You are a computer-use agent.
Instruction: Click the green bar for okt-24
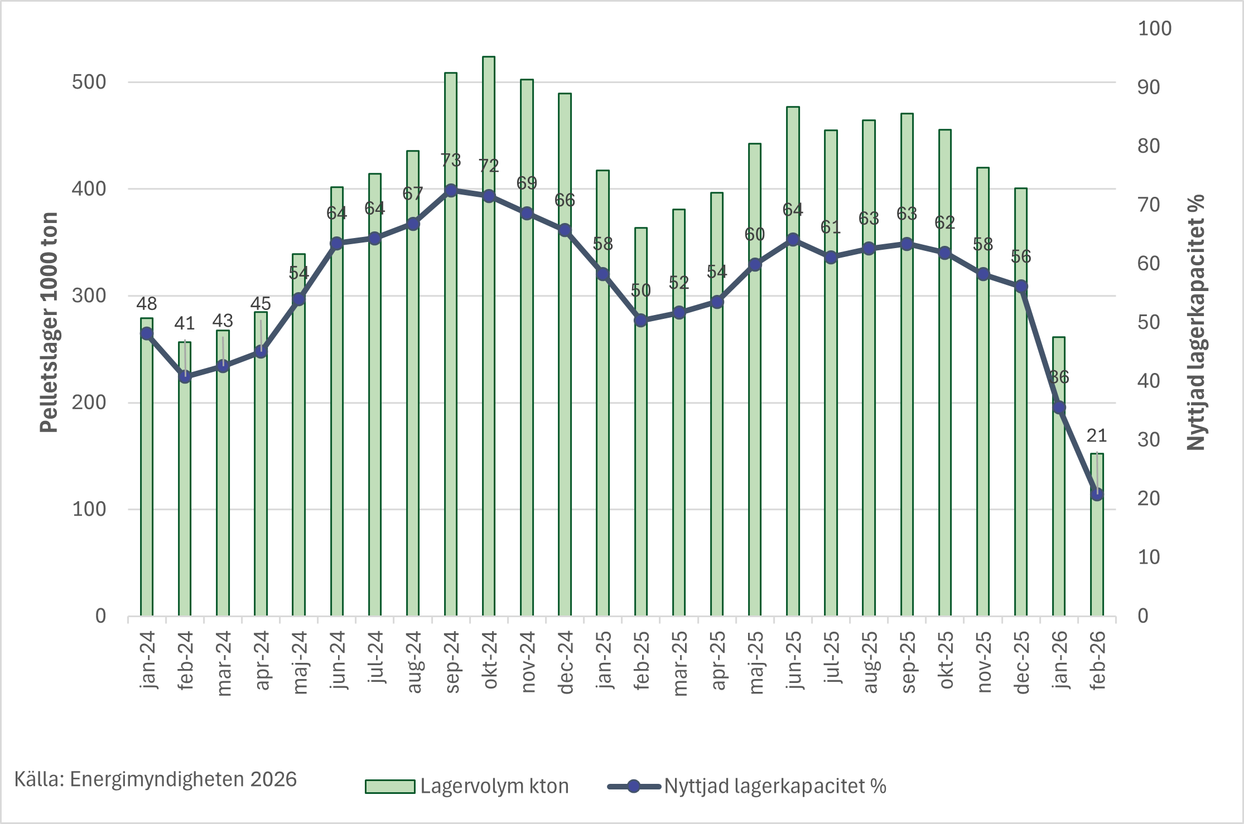coord(489,390)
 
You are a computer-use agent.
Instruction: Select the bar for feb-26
coord(1097,558)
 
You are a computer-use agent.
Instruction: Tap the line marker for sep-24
coord(451,191)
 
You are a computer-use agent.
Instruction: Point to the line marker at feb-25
coord(641,321)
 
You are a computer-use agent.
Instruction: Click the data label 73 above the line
coord(451,161)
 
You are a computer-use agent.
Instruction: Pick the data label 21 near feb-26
coord(1097,435)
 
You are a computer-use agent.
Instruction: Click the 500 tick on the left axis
coord(89,83)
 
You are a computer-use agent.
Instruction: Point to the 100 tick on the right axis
coord(1154,29)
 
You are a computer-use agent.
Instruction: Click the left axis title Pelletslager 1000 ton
coord(49,322)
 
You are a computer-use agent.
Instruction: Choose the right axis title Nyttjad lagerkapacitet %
coord(1195,322)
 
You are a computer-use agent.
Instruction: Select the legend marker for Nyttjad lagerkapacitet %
coord(634,787)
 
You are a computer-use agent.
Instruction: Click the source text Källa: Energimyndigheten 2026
coord(155,779)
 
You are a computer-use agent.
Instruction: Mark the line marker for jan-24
coord(147,333)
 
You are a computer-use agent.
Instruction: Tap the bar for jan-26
coord(1059,502)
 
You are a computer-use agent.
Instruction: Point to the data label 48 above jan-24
coord(147,304)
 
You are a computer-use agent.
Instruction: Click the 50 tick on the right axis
coord(1149,322)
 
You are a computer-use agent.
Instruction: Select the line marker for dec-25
coord(1021,287)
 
